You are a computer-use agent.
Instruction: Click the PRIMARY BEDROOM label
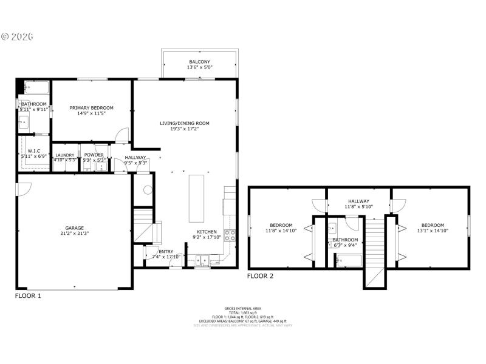click(91, 107)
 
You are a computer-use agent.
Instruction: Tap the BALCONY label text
click(199, 62)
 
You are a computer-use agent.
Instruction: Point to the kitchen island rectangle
click(196, 198)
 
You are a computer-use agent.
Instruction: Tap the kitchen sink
click(203, 261)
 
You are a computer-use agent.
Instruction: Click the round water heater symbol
click(146, 189)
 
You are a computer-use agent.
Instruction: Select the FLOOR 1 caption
click(28, 296)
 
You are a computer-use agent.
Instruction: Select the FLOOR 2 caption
click(260, 276)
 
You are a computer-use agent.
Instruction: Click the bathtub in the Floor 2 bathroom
click(349, 261)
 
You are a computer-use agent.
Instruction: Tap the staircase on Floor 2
click(375, 249)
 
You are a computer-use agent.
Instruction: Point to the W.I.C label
click(33, 150)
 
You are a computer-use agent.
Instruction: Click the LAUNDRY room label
click(64, 155)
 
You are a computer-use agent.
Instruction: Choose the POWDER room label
click(94, 155)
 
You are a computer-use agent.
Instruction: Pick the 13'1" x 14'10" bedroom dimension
click(433, 231)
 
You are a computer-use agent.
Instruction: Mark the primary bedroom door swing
click(123, 134)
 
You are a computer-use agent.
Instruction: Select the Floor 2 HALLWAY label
click(359, 201)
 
